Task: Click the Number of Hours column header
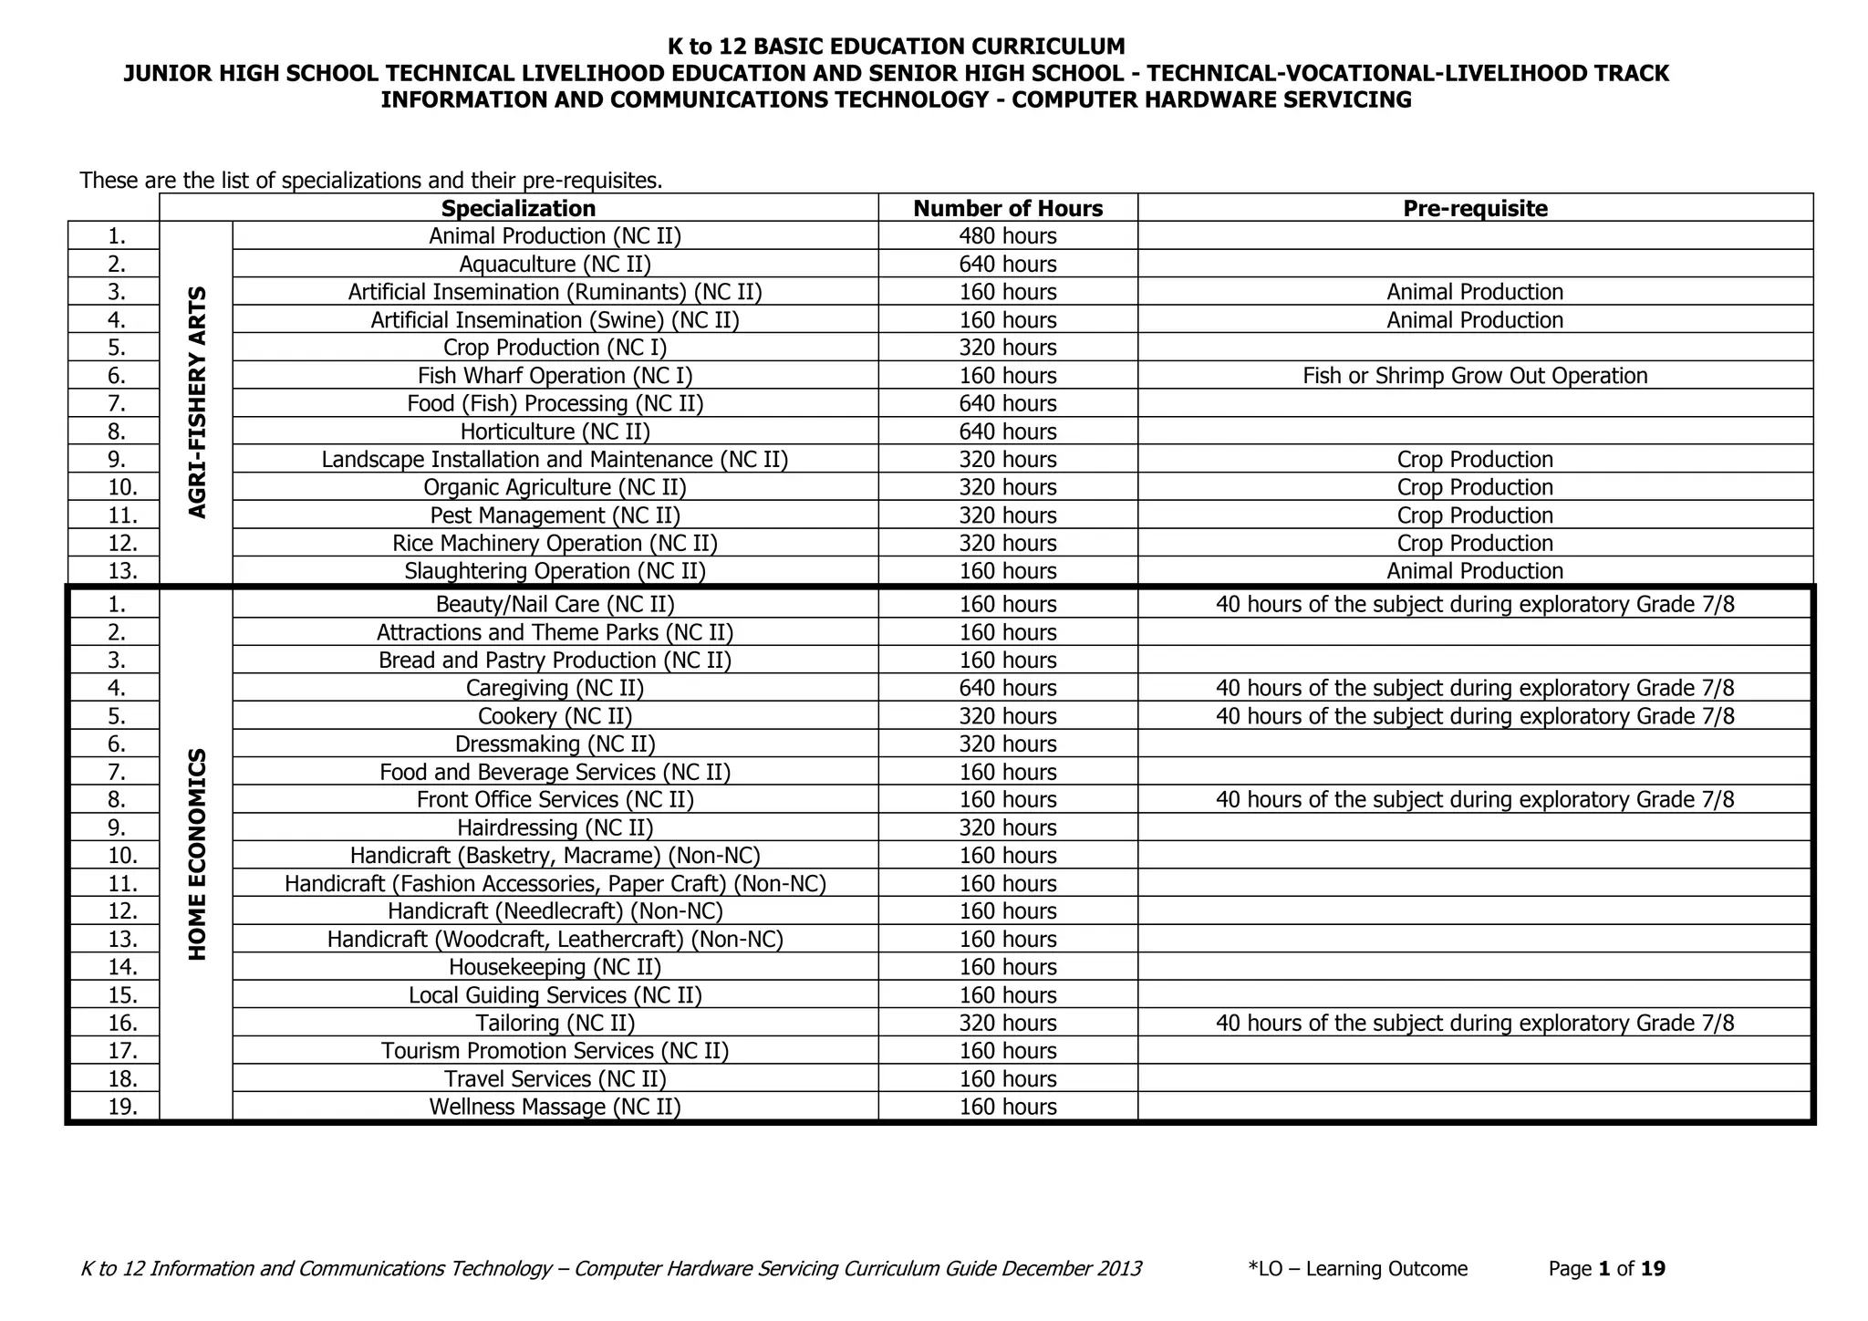tap(1008, 208)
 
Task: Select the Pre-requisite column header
tap(1475, 208)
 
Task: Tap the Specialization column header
tap(518, 208)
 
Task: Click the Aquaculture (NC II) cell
tap(555, 265)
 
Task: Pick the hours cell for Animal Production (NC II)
tap(1008, 236)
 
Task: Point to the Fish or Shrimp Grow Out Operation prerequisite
tap(1475, 376)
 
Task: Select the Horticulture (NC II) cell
tap(555, 432)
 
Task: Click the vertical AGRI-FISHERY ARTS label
tap(197, 402)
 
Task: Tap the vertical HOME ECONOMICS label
tap(197, 854)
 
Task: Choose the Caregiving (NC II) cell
tap(555, 688)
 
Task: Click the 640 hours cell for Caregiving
tap(1008, 688)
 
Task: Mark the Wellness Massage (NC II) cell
tap(555, 1107)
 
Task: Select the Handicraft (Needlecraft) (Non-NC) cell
tap(555, 911)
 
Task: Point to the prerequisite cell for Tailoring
tap(1475, 1023)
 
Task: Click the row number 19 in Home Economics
tap(122, 1107)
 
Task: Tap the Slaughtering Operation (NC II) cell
tap(555, 571)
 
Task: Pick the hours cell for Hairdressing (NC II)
tap(1008, 827)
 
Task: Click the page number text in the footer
tap(1606, 1269)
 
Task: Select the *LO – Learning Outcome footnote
tap(1357, 1269)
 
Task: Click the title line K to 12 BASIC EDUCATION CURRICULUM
tap(896, 47)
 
